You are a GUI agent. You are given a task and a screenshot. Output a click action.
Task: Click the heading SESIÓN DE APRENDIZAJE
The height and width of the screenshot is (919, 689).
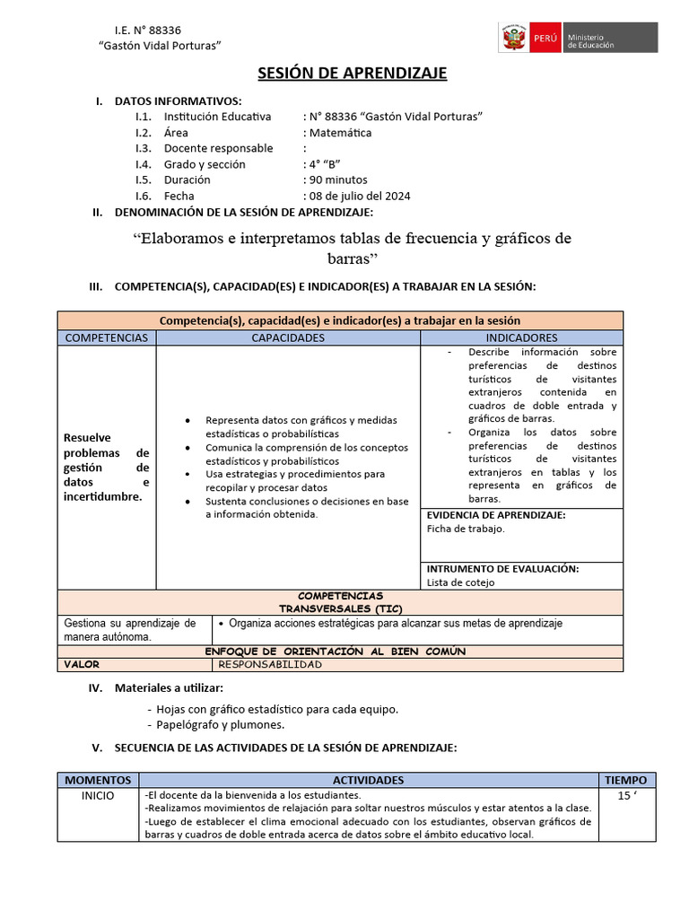point(353,73)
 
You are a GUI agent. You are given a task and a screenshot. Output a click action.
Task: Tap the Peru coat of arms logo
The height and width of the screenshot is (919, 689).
point(513,39)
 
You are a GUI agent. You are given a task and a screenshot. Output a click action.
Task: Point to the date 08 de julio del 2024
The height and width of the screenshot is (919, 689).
point(358,196)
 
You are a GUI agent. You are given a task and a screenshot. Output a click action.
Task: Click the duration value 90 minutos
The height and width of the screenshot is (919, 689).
point(335,179)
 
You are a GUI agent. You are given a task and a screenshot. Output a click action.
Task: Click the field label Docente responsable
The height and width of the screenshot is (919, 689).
point(218,148)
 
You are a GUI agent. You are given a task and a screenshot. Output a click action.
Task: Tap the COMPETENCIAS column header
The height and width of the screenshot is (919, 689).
point(107,337)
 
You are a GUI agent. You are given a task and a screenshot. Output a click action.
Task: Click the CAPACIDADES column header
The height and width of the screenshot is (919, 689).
point(288,337)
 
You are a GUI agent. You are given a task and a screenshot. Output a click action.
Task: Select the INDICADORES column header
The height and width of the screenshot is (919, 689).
point(521,337)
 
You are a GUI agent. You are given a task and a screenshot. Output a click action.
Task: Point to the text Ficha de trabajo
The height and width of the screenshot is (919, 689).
point(466,529)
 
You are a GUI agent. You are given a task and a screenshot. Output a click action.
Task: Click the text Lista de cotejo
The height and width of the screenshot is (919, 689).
point(460,582)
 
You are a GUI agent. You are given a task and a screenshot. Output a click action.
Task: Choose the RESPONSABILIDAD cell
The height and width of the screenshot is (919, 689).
point(270,665)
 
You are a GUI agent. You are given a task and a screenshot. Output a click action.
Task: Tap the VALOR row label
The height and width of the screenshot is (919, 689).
point(82,665)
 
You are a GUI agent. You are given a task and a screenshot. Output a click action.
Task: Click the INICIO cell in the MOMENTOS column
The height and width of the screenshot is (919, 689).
point(98,796)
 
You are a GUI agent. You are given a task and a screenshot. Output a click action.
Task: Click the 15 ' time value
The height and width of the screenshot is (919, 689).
point(624,796)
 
